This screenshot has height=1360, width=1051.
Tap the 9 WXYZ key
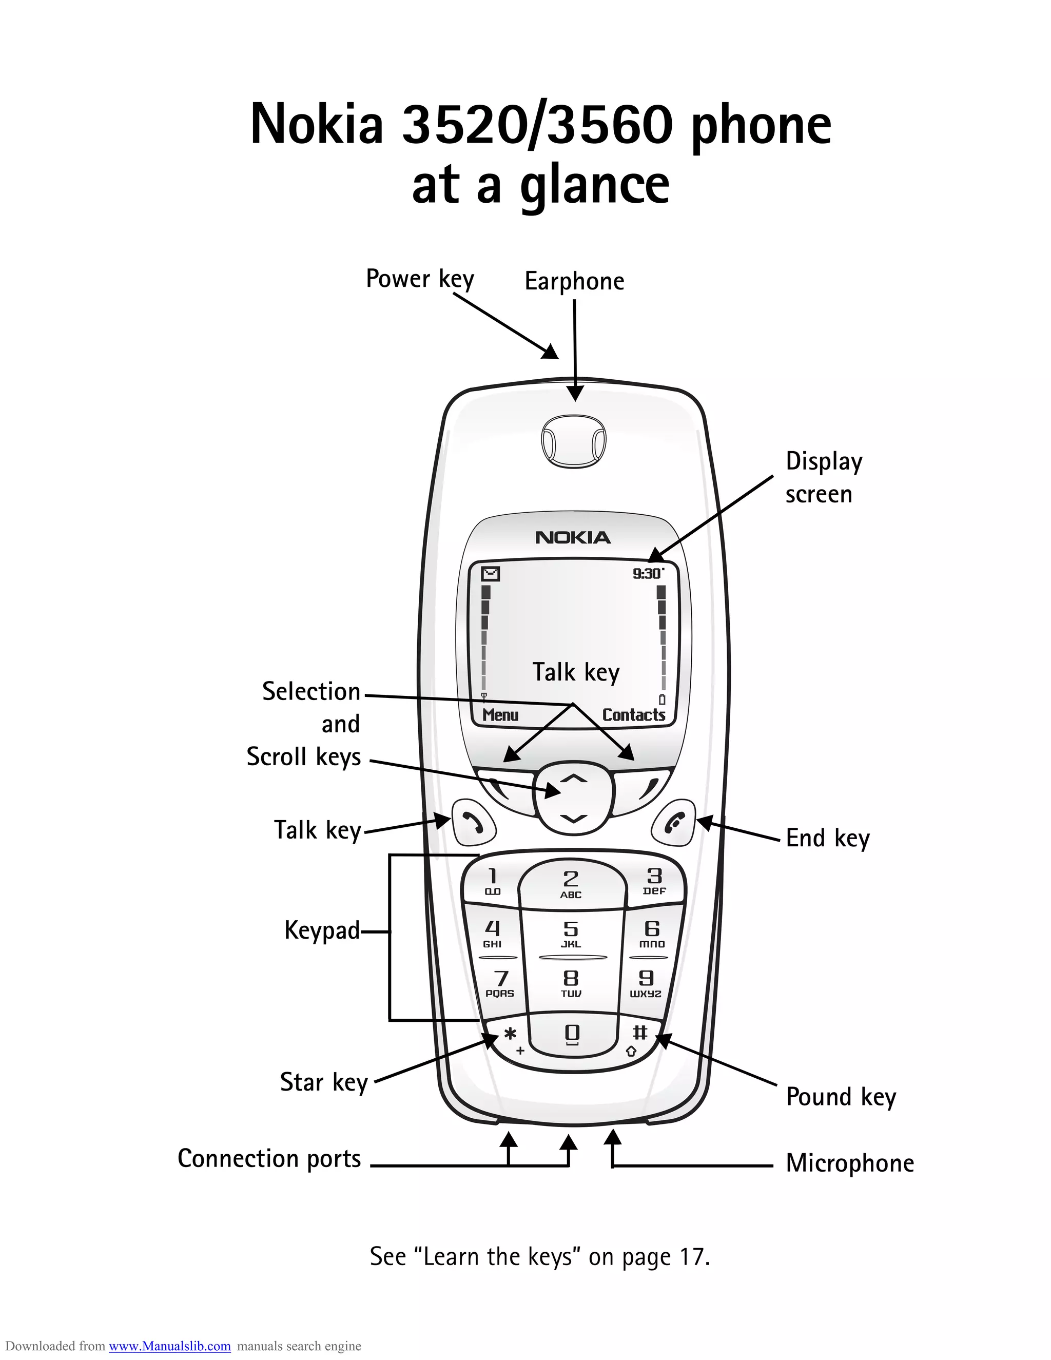[646, 983]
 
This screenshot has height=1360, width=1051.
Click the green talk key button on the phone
[473, 823]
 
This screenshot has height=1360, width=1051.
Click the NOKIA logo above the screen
[573, 537]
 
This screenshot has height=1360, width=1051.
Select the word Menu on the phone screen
[500, 715]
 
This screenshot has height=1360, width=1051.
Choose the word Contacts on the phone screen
[633, 715]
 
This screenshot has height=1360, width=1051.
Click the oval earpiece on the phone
[573, 443]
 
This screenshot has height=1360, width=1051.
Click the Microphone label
[849, 1163]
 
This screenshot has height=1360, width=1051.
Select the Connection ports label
[269, 1158]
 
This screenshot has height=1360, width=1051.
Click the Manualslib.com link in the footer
[169, 1346]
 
